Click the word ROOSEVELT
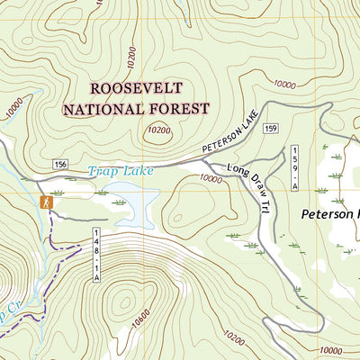click(135, 88)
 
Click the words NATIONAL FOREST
click(135, 109)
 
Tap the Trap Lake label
click(121, 170)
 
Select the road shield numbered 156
click(60, 164)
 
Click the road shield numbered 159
click(270, 130)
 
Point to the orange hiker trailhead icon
click(45, 203)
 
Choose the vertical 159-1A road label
click(293, 167)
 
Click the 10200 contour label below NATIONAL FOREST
click(158, 130)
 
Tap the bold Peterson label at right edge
click(329, 215)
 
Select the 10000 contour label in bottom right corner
click(331, 349)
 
